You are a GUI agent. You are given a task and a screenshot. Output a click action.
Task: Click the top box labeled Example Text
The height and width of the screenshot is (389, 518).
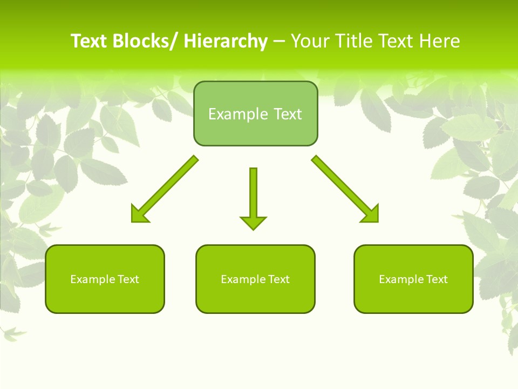click(x=255, y=113)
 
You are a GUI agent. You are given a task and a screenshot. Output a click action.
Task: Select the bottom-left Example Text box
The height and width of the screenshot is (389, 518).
click(x=105, y=279)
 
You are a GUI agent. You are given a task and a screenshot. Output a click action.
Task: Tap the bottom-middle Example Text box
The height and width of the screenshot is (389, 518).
click(x=255, y=279)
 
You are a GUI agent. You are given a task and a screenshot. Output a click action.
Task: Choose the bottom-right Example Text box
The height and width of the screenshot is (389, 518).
click(x=413, y=279)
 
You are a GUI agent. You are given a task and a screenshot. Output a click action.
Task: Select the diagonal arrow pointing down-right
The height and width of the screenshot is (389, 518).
click(x=345, y=189)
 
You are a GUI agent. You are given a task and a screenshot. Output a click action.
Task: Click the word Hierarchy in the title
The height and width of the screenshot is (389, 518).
click(x=226, y=41)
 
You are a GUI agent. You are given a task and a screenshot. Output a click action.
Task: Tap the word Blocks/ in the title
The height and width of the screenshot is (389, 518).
click(x=145, y=41)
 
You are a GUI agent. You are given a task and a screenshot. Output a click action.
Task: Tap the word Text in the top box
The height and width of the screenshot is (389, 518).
click(x=287, y=114)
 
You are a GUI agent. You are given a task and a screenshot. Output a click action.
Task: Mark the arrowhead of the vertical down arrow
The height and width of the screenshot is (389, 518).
click(x=253, y=222)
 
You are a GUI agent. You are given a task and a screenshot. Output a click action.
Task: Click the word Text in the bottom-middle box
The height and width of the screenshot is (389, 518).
click(x=278, y=279)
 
